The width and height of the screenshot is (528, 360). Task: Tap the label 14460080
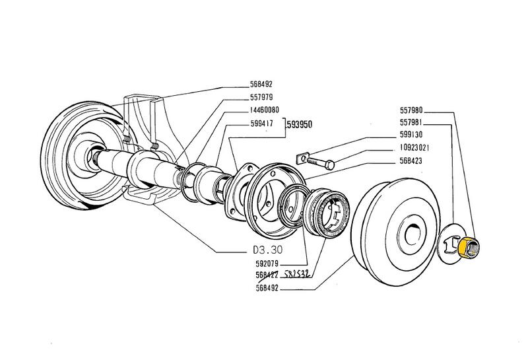pos(263,110)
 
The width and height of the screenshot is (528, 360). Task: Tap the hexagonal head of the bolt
pos(331,163)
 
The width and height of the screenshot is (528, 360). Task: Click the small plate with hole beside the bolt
pos(302,157)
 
